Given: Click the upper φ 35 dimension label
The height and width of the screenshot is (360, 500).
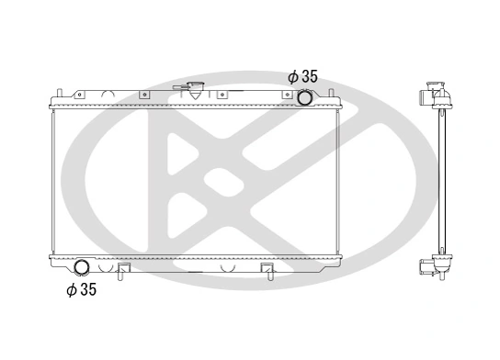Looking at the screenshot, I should pos(302,77).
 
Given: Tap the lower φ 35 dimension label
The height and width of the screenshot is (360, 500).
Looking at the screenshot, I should pos(81,290).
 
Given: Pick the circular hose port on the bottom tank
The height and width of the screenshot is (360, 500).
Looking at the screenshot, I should pos(82,267).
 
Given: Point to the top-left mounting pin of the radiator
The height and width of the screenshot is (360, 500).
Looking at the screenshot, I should pos(60,93).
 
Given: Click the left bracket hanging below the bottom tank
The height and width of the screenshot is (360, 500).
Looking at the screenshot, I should pos(123,271).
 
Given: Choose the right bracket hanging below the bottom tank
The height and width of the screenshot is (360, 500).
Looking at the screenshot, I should pos(267,271).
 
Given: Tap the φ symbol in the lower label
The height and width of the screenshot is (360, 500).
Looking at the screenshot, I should pos(71,290).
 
